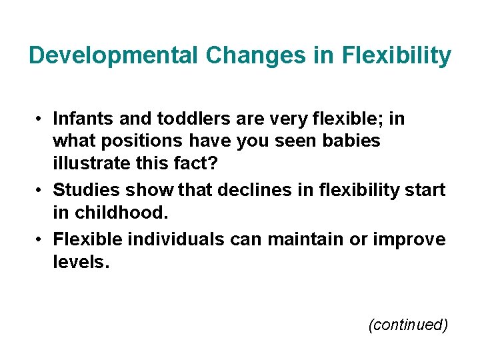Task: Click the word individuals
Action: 175,239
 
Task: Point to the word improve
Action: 408,239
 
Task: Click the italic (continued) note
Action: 407,325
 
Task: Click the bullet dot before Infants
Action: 41,119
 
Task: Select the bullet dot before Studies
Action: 41,190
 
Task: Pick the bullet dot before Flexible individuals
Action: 41,239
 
